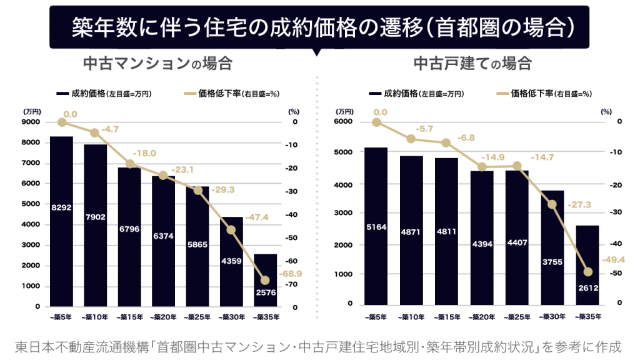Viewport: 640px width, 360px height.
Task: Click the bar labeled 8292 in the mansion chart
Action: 61,221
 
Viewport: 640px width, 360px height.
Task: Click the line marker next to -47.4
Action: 231,230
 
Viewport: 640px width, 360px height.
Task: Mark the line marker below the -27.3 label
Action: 552,204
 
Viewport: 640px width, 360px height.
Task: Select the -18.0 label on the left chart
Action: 144,153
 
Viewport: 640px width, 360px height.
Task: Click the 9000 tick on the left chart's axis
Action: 32,122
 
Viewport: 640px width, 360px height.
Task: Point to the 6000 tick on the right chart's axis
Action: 344,122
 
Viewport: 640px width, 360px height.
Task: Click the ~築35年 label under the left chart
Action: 265,317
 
